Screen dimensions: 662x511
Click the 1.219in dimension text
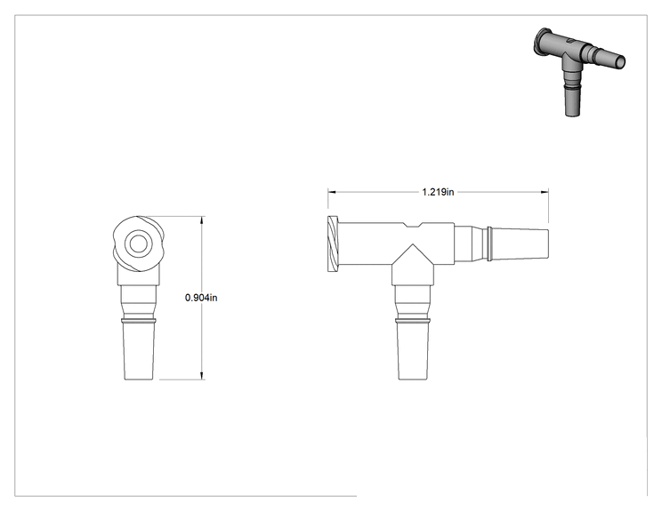(x=438, y=192)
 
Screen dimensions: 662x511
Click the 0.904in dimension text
(x=201, y=298)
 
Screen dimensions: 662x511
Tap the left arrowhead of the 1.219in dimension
(x=332, y=192)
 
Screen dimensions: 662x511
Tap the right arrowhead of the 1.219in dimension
(x=545, y=192)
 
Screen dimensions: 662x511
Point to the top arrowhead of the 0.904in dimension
(x=202, y=220)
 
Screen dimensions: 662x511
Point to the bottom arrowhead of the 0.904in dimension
(x=202, y=376)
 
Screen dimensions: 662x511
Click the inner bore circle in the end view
(x=138, y=244)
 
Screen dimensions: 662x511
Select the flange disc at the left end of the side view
(x=333, y=244)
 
